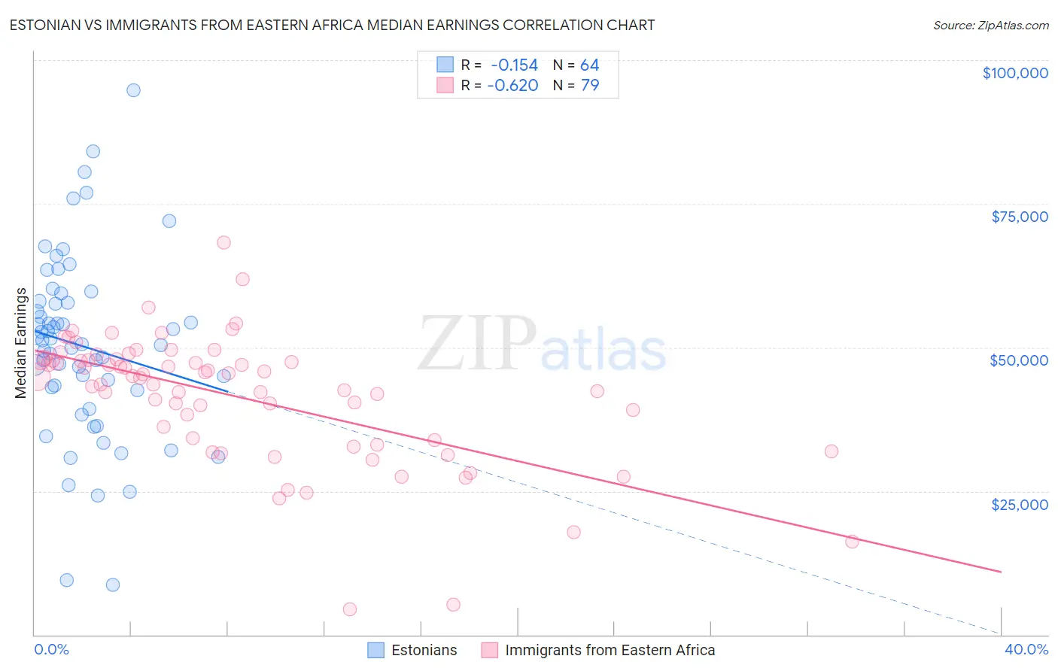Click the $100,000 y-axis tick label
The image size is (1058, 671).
1014,73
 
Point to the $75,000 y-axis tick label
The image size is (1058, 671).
1019,217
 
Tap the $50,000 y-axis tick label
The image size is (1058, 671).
1018,360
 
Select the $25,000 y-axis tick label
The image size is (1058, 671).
1019,504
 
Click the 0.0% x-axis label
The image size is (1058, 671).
51,649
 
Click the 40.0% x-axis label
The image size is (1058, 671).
1026,649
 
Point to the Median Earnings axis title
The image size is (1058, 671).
20,342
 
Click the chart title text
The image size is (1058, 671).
332,25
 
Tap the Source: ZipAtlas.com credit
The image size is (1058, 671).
990,25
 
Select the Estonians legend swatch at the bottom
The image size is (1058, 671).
375,650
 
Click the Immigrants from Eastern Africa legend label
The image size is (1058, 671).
610,650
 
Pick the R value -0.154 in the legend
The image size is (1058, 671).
514,65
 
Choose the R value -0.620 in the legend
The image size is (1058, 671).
512,85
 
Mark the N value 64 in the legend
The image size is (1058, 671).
589,65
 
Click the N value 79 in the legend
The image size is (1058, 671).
589,85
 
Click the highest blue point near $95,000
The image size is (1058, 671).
133,90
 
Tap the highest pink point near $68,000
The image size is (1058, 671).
223,242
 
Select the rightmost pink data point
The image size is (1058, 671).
852,542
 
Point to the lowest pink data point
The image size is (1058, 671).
349,609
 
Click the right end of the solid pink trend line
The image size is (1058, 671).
1001,572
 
